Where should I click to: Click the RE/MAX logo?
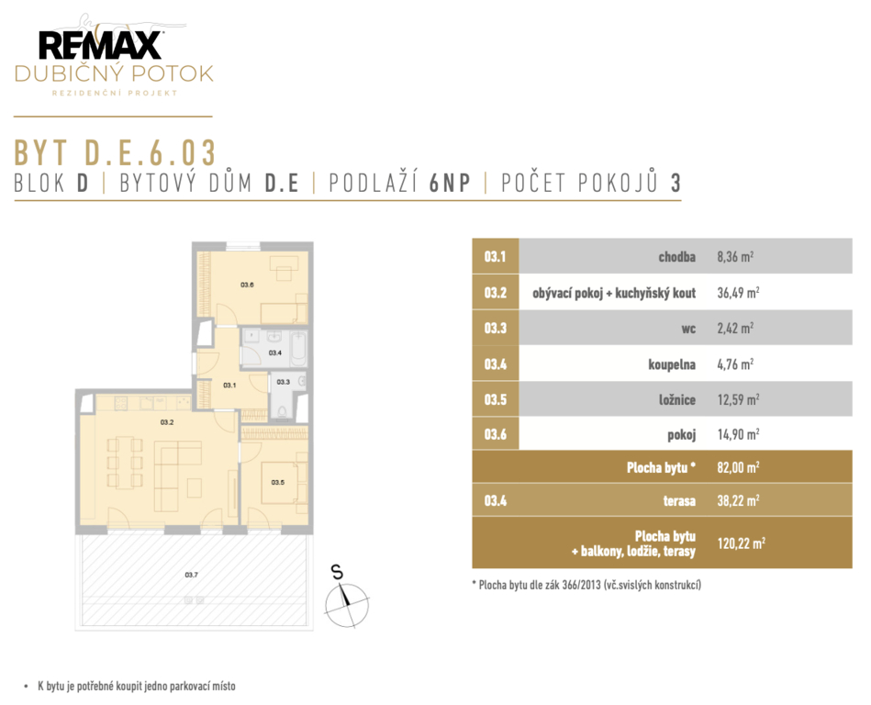click(x=101, y=45)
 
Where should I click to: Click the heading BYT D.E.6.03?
click(x=115, y=152)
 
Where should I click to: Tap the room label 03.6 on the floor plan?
click(x=247, y=285)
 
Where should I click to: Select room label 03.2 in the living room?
click(x=167, y=422)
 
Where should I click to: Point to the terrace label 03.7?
click(x=192, y=575)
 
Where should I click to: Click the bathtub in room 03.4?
click(x=299, y=348)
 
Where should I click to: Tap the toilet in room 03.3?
click(x=282, y=410)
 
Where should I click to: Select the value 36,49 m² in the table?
click(x=738, y=293)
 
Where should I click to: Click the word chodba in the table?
click(x=677, y=257)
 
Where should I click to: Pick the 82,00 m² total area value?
click(x=738, y=467)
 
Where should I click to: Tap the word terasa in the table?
click(x=679, y=501)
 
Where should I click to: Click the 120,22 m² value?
click(x=741, y=543)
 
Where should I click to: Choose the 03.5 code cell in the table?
click(x=496, y=399)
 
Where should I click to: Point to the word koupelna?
click(x=672, y=364)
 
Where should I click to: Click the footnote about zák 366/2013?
click(x=586, y=585)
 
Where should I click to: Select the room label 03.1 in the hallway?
click(x=229, y=385)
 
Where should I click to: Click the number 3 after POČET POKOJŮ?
click(x=676, y=183)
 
